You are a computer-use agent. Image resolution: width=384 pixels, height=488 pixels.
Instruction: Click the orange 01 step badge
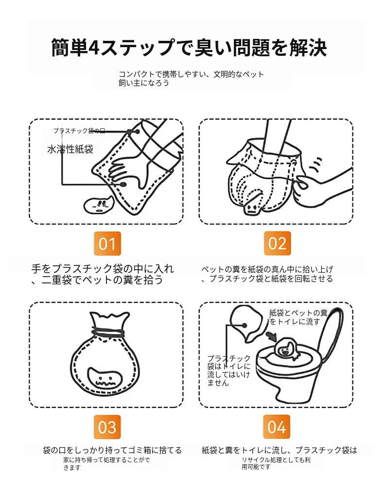coord(107,244)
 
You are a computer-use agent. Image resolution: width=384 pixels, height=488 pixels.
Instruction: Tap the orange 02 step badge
coord(277,243)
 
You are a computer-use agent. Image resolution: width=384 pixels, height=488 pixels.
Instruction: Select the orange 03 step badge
coord(107,427)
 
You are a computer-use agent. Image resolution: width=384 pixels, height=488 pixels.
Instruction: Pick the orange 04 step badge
coord(277,426)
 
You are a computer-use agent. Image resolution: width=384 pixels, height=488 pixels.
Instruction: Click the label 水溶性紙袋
coord(70,149)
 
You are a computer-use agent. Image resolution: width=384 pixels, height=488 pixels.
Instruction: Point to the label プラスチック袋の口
coord(79,131)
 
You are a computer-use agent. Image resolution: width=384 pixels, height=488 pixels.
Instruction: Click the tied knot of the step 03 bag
coord(108,331)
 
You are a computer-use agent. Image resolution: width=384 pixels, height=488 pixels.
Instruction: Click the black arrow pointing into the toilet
coord(272,337)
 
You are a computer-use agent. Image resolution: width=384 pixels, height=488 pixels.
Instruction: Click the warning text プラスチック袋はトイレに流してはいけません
coord(229,370)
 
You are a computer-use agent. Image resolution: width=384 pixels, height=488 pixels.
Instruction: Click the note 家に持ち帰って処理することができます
coord(106,463)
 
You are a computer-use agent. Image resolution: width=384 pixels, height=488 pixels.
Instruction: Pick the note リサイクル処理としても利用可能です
coord(276,463)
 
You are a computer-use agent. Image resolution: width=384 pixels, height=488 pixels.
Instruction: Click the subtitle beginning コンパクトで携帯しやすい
coord(191,78)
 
